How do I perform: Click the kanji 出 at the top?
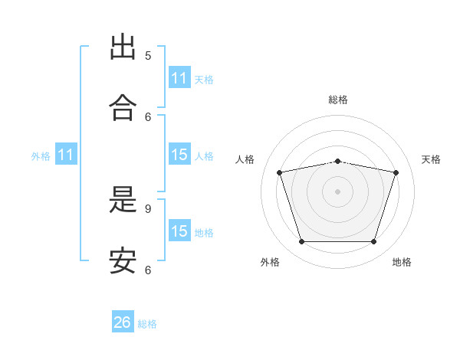tap(123, 47)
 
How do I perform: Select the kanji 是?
tap(123, 201)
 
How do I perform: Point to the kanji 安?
tap(123, 261)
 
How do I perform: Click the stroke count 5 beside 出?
tap(148, 55)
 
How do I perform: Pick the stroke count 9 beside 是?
tap(148, 208)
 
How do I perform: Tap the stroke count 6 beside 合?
tap(148, 116)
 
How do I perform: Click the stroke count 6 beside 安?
tap(148, 270)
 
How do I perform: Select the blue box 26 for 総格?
tap(123, 322)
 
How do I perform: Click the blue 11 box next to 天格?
tap(179, 78)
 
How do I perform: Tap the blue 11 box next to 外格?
tap(66, 155)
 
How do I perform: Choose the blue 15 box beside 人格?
tap(179, 155)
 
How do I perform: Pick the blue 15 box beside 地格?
tap(179, 231)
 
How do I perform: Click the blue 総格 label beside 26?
tap(147, 324)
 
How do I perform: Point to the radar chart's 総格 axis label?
tap(337, 100)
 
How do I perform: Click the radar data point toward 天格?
tap(396, 172)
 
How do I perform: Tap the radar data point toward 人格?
tap(280, 172)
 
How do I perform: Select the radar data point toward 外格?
tap(301, 241)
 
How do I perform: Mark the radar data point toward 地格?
tap(373, 241)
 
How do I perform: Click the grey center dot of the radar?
tap(337, 191)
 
